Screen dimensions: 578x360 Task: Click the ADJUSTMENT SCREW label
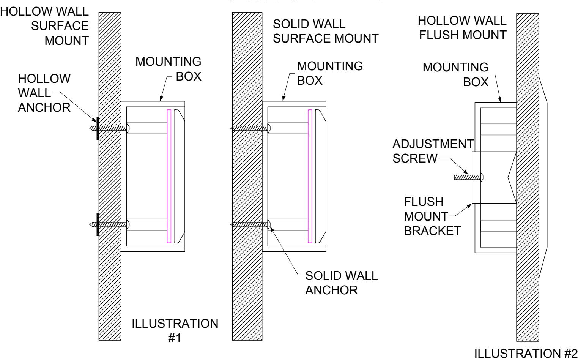tap(433, 151)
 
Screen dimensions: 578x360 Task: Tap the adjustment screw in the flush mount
tap(468, 177)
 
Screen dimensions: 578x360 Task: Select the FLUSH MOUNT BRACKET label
tap(432, 216)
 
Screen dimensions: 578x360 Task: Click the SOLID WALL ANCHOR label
tap(342, 283)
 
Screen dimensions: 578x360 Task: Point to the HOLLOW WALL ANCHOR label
tap(44, 93)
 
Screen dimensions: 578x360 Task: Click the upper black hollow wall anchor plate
tap(98, 128)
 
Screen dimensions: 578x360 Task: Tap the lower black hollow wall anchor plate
tap(98, 224)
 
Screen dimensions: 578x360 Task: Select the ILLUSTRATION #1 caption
tap(175, 330)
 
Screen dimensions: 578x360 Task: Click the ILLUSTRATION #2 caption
tap(526, 354)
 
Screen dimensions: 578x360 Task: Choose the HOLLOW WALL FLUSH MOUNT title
tap(462, 28)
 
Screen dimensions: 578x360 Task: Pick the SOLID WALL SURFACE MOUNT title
tap(326, 31)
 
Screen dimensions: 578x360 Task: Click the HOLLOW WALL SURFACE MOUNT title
tap(44, 26)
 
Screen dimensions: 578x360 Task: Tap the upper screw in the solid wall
tap(250, 128)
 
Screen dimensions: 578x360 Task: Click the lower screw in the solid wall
tap(250, 224)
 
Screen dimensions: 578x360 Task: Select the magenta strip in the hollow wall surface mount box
tap(169, 176)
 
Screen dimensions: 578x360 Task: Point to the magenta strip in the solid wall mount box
tap(310, 176)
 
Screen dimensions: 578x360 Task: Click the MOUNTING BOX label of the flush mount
tap(456, 74)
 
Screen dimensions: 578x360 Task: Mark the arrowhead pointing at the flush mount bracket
tap(469, 206)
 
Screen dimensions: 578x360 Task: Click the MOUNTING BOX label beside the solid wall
tap(330, 73)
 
